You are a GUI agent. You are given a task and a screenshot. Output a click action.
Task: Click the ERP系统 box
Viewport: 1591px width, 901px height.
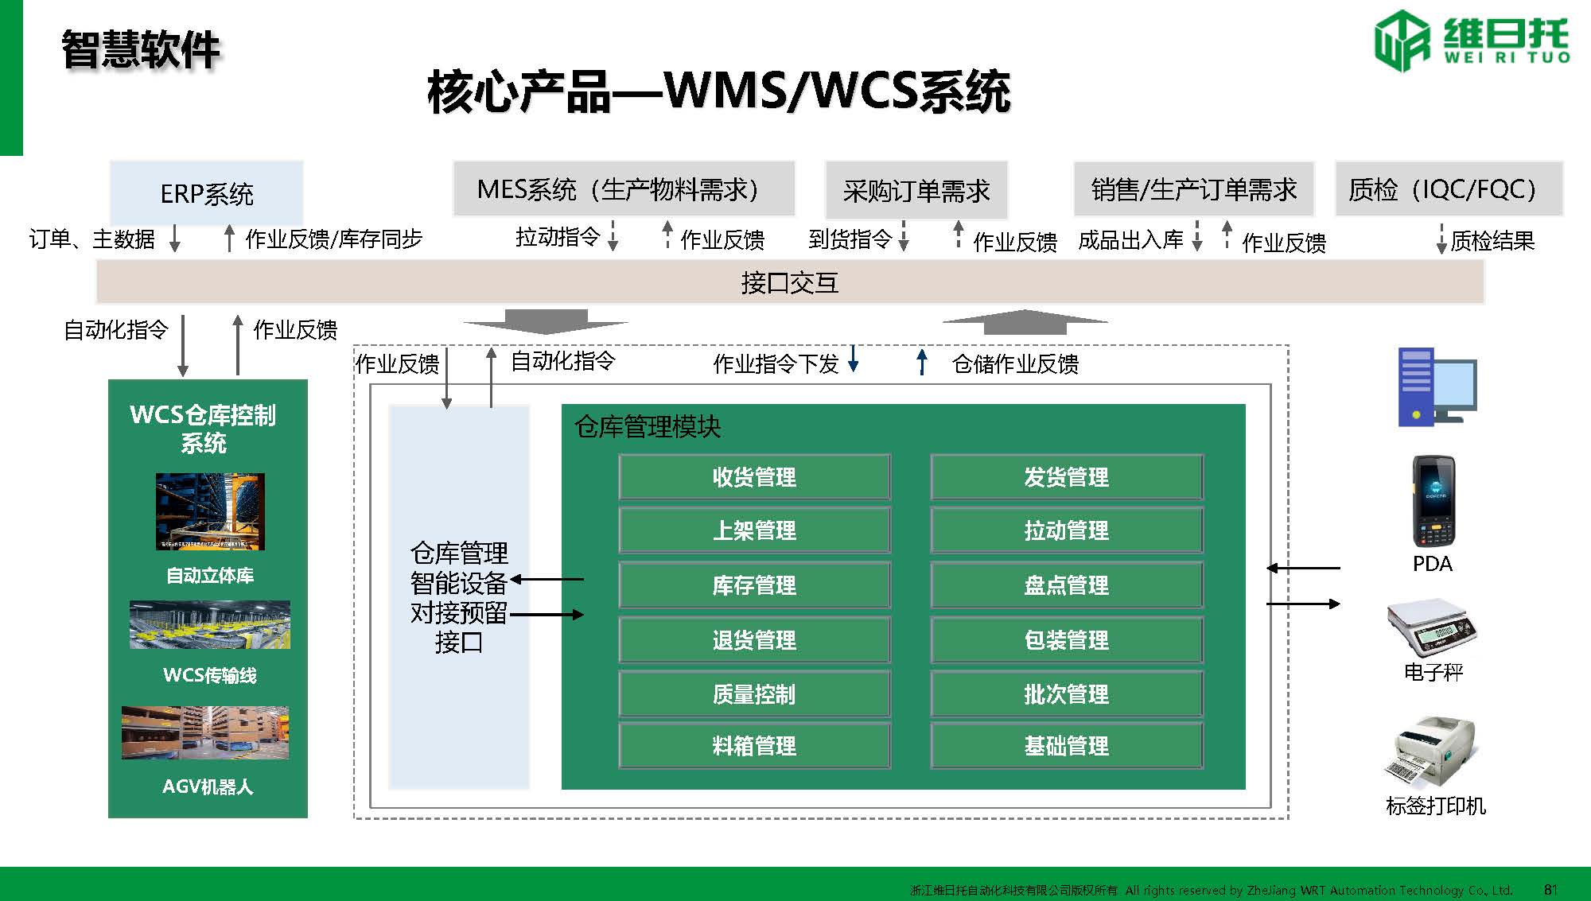pyautogui.click(x=206, y=193)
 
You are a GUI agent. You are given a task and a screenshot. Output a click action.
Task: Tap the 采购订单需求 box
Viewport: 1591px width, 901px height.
pyautogui.click(x=916, y=190)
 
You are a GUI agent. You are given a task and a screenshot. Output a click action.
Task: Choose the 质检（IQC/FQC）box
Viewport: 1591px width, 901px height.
pyautogui.click(x=1448, y=189)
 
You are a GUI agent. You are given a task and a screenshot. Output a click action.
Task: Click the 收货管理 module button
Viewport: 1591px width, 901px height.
pyautogui.click(x=754, y=477)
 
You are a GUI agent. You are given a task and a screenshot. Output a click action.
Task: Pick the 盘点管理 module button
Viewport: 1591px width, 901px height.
pyautogui.click(x=1066, y=586)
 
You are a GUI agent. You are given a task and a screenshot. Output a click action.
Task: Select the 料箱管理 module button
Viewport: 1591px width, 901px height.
pyautogui.click(x=754, y=746)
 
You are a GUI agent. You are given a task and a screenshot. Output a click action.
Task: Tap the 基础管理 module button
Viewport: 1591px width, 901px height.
pyautogui.click(x=1066, y=746)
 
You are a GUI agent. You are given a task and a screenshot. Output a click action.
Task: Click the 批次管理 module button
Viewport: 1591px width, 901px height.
pyautogui.click(x=1066, y=694)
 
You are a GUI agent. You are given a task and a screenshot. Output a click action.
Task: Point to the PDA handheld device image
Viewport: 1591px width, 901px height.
pyautogui.click(x=1433, y=501)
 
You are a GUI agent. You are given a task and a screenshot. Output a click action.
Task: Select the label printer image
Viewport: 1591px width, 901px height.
pyautogui.click(x=1433, y=751)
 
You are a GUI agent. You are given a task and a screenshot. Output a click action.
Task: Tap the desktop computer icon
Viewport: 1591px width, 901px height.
pyautogui.click(x=1437, y=387)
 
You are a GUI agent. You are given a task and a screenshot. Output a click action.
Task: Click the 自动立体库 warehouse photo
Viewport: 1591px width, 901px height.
pyautogui.click(x=210, y=511)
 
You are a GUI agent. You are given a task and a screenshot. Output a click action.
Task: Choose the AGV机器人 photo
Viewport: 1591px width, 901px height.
pyautogui.click(x=205, y=732)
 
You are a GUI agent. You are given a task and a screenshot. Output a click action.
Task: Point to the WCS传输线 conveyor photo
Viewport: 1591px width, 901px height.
pyautogui.click(x=210, y=625)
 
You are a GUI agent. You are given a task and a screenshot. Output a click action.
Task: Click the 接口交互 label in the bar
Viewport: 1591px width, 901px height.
pyautogui.click(x=789, y=282)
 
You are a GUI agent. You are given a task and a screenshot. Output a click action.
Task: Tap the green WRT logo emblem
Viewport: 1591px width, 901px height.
pyautogui.click(x=1402, y=41)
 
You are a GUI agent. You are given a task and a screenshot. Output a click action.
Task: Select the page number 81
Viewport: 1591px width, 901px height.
pyautogui.click(x=1550, y=889)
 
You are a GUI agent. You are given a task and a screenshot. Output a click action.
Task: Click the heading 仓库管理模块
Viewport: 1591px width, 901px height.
pyautogui.click(x=648, y=427)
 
